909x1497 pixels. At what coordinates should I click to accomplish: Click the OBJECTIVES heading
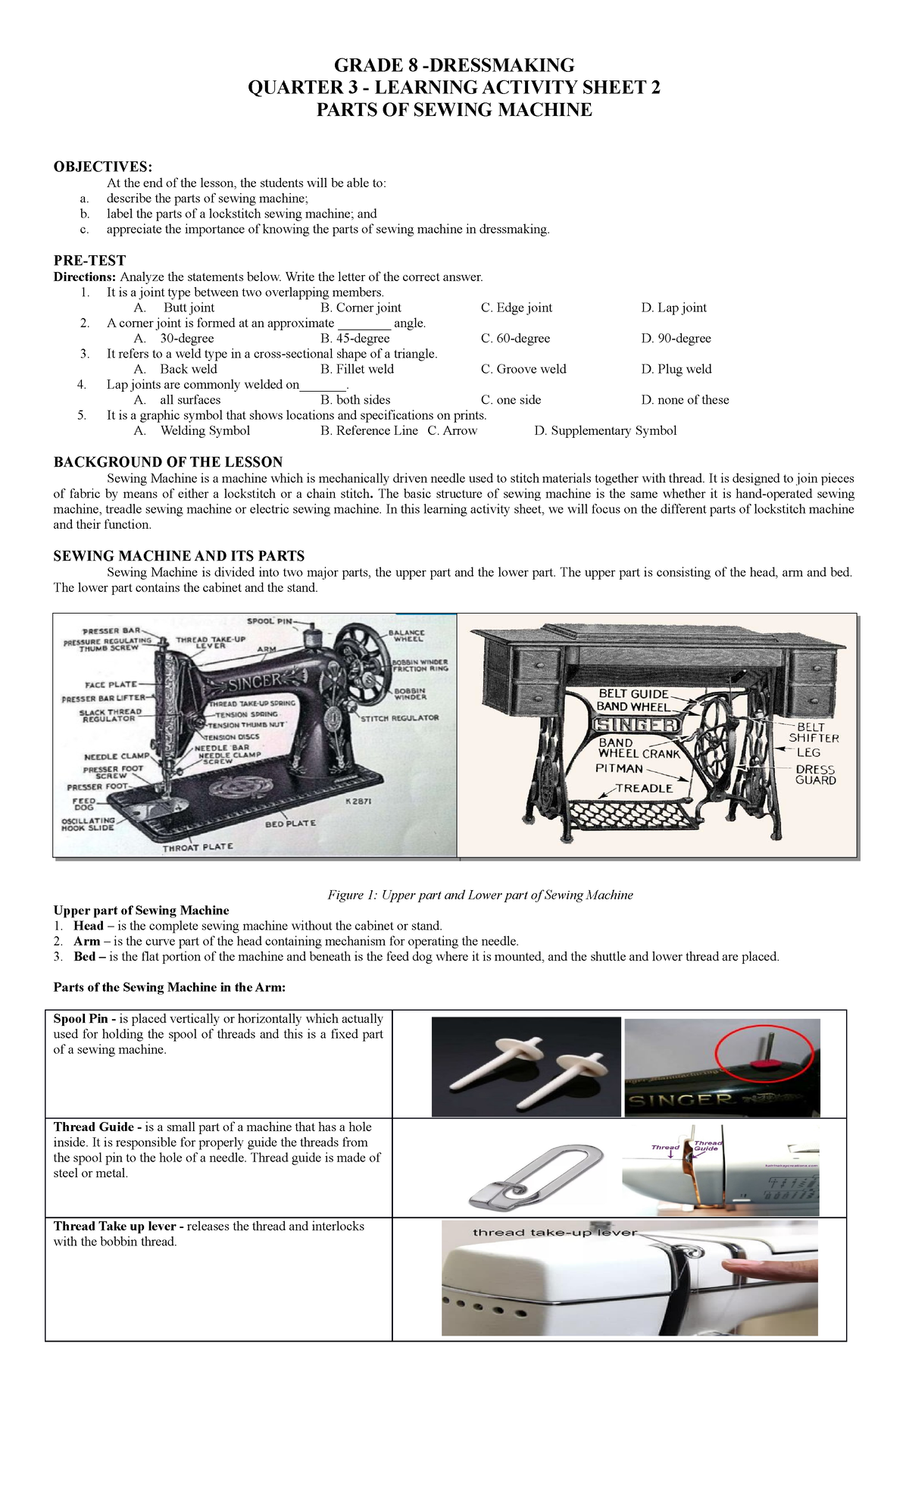tap(102, 167)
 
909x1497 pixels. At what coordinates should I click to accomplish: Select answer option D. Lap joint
tap(673, 308)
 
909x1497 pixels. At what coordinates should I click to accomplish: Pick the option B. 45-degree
tap(355, 339)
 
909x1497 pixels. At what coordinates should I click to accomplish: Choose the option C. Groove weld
tap(523, 369)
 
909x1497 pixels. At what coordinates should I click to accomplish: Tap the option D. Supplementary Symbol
tap(605, 430)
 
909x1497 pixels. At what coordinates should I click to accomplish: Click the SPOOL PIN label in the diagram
tap(270, 621)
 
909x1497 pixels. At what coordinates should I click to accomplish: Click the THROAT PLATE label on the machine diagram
tap(198, 846)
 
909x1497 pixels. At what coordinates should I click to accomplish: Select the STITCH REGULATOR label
tap(399, 717)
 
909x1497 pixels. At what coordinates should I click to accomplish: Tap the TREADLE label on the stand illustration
tap(644, 788)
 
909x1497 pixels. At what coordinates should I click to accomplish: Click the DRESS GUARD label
tap(816, 774)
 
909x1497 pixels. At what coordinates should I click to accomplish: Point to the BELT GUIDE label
tap(633, 693)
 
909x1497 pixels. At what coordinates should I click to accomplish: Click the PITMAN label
tap(619, 768)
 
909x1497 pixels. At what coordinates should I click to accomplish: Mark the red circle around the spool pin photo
tap(765, 1055)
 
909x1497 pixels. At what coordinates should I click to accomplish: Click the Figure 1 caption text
tap(479, 895)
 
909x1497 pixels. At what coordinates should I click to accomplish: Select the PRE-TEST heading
tap(89, 260)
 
